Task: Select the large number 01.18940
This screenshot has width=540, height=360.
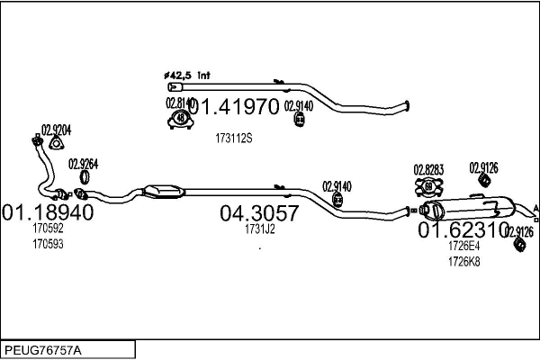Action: pyautogui.click(x=48, y=213)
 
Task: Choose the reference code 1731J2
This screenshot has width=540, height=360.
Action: pyautogui.click(x=259, y=229)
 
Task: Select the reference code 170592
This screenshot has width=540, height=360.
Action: pyautogui.click(x=48, y=229)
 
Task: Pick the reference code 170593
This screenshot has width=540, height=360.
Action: pyautogui.click(x=48, y=243)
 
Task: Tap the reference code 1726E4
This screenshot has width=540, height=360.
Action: pyautogui.click(x=463, y=246)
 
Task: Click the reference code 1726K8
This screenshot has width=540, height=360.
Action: pyautogui.click(x=463, y=261)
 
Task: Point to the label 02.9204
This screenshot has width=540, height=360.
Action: pyautogui.click(x=57, y=129)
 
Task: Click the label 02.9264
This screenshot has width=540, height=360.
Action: pyautogui.click(x=84, y=164)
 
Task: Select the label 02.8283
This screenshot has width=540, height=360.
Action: pyautogui.click(x=427, y=169)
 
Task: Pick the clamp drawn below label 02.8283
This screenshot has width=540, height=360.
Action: pyautogui.click(x=428, y=186)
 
